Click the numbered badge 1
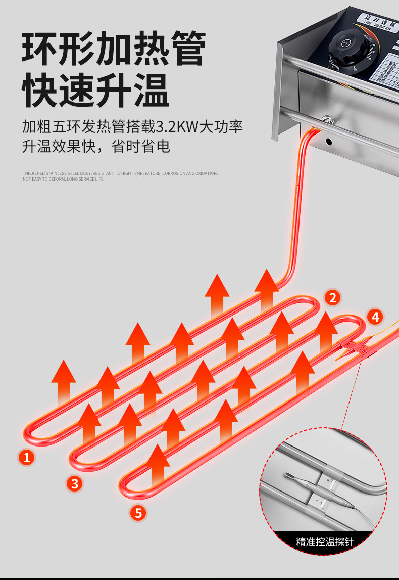(x=26, y=457)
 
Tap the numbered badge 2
(x=332, y=298)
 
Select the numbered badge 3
(x=75, y=483)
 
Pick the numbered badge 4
(x=374, y=317)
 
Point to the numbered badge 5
(x=138, y=513)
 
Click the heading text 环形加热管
(x=114, y=49)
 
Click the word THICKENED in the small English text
(x=33, y=173)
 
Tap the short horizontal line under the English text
(x=43, y=205)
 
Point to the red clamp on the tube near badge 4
(x=354, y=346)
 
